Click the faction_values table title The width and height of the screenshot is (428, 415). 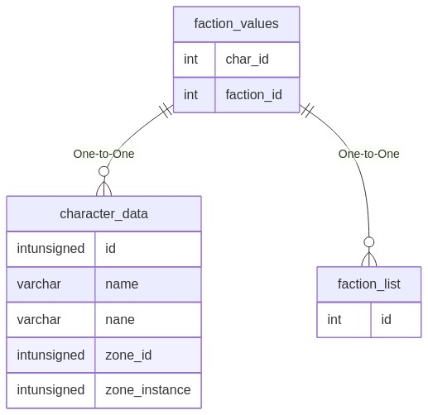236,24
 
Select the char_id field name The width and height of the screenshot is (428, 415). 247,60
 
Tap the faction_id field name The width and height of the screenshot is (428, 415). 253,95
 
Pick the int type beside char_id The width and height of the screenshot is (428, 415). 190,60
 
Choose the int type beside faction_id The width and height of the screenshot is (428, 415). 190,95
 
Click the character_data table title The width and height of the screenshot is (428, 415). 103,214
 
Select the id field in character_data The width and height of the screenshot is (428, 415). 110,249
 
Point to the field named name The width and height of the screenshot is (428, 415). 122,284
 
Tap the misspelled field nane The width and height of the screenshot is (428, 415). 120,320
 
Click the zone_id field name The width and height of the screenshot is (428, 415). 128,355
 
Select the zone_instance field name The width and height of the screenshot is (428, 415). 148,390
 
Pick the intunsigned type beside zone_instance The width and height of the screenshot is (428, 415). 50,390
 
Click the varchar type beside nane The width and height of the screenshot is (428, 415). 39,320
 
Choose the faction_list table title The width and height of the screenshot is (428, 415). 368,284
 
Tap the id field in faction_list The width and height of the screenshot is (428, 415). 386,320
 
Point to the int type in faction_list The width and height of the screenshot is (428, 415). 334,320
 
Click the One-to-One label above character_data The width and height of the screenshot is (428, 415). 103,154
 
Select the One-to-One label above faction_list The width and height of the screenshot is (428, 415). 368,154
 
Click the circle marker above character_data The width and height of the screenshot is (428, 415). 103,171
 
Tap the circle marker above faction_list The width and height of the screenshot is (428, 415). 368,242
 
